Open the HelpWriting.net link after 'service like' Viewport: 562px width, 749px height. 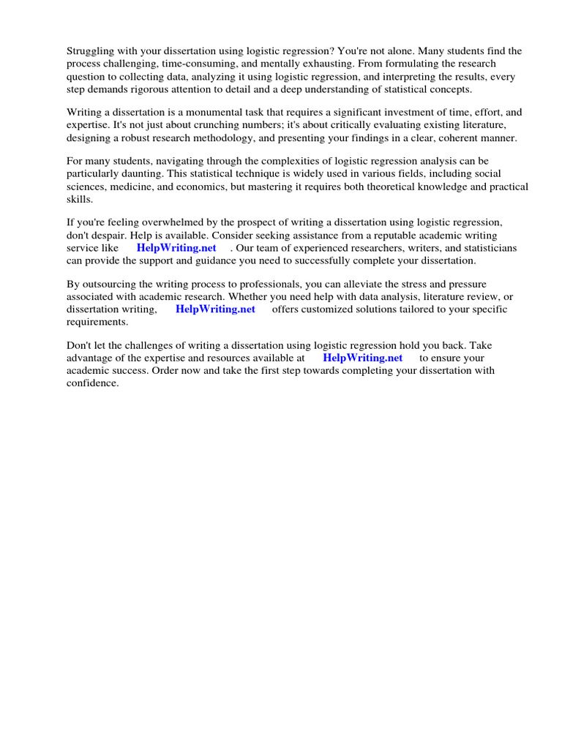176,248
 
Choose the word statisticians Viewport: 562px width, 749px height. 484,248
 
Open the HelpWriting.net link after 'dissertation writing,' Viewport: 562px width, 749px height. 215,309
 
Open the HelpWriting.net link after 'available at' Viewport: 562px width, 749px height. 362,358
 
